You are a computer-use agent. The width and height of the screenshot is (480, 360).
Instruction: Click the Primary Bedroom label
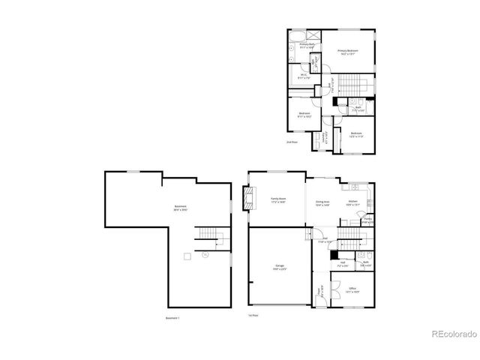point(347,52)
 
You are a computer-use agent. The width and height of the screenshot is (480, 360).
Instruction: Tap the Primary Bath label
point(307,46)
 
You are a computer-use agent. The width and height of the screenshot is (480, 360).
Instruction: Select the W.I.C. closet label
point(304,75)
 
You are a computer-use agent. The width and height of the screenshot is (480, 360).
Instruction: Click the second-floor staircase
point(353,82)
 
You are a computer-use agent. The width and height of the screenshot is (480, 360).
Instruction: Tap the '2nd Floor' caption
point(292,142)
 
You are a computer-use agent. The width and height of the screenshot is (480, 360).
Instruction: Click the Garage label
point(279,268)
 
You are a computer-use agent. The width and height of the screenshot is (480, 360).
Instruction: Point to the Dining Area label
point(322,202)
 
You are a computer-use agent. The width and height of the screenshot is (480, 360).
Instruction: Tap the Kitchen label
point(352,202)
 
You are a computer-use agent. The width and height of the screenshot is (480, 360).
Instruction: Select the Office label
point(352,289)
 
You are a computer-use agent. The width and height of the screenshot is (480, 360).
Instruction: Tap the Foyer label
point(319,291)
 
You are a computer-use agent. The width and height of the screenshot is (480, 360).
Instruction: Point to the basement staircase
point(211,240)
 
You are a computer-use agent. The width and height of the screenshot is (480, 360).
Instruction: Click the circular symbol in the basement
point(204,256)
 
